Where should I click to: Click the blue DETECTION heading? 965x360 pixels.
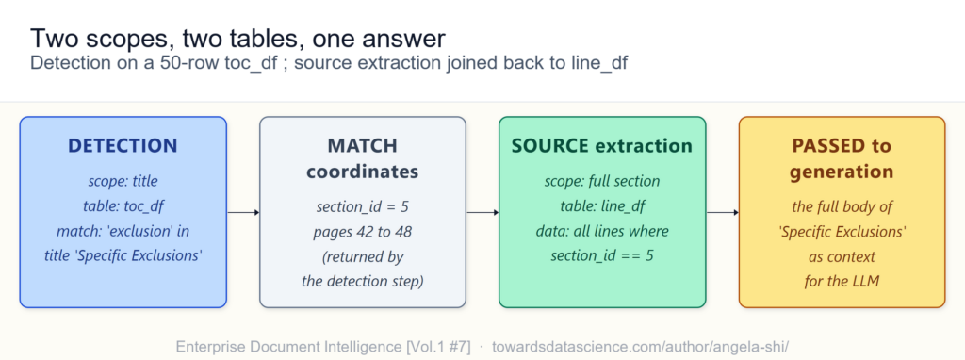[x=123, y=146]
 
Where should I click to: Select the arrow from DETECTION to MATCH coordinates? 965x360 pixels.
[x=243, y=213]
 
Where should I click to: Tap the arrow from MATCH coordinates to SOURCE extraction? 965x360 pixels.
[x=482, y=213]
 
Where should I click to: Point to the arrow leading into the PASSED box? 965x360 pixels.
[x=723, y=213]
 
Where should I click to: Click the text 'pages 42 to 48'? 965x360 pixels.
[x=363, y=232]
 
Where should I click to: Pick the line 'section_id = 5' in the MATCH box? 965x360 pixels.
[x=363, y=206]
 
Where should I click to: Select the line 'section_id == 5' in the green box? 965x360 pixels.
[x=602, y=255]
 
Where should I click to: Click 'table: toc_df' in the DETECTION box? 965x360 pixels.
[x=123, y=206]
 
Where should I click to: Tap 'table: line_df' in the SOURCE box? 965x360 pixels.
[x=602, y=206]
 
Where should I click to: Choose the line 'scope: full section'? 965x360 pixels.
[x=602, y=182]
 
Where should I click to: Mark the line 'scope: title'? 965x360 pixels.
[x=123, y=182]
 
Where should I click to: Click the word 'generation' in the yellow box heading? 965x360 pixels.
[x=842, y=172]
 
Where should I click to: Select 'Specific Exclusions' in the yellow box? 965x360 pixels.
[x=842, y=232]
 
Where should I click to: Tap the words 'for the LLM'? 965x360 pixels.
[x=842, y=282]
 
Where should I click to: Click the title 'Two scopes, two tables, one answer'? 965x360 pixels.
[x=237, y=39]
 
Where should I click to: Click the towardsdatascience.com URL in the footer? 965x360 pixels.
[x=640, y=346]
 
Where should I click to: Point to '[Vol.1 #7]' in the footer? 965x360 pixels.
[x=437, y=346]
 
